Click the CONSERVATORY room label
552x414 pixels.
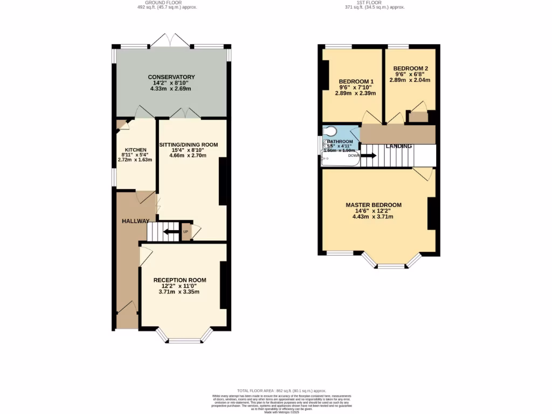(x=171, y=77)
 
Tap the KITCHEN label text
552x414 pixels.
(x=135, y=149)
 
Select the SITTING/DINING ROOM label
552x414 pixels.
(x=188, y=144)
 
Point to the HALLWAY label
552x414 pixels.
(x=135, y=221)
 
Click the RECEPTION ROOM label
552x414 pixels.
(x=180, y=280)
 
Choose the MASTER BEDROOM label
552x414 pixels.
(x=373, y=205)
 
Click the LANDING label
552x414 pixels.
(x=399, y=146)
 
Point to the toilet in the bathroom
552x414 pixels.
(x=330, y=131)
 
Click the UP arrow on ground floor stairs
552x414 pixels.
(x=172, y=232)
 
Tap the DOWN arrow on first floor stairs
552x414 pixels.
(x=369, y=155)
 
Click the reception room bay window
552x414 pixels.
(x=185, y=338)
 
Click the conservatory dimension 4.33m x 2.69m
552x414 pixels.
(x=171, y=89)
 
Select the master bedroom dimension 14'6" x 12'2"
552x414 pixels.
(x=373, y=211)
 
